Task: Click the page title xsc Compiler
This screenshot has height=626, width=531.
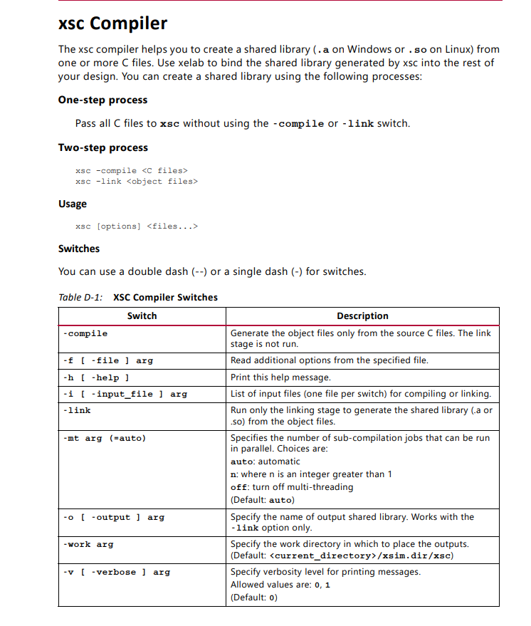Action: click(112, 24)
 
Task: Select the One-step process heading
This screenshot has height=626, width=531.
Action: click(102, 100)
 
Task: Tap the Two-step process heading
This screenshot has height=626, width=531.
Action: click(102, 147)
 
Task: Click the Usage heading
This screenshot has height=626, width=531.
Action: click(72, 204)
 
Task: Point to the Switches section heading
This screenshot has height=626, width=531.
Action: click(79, 249)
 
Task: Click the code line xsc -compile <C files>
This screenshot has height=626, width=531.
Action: click(131, 170)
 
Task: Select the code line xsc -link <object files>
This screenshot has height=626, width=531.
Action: click(136, 181)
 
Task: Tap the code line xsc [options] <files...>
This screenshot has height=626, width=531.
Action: click(136, 226)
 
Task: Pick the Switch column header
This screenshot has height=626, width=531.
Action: click(142, 315)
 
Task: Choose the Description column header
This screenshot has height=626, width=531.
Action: click(362, 315)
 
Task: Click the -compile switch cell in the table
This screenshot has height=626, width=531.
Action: click(85, 333)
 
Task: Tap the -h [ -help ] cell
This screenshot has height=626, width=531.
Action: click(96, 377)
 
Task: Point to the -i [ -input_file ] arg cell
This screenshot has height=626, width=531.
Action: click(125, 393)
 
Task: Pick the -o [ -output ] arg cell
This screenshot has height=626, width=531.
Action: click(113, 517)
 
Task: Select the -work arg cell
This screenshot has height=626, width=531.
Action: click(88, 544)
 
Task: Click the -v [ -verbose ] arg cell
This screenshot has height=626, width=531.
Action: click(116, 572)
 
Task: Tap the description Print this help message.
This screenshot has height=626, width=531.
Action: click(280, 377)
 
